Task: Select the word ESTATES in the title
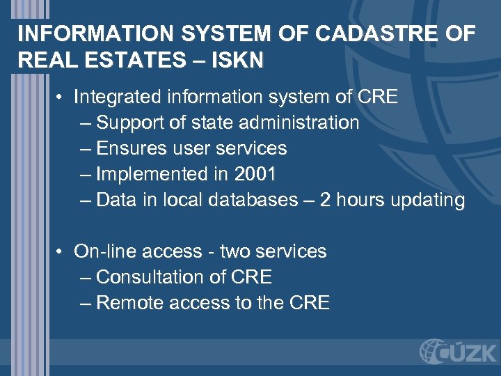click(125, 61)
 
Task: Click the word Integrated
click(114, 97)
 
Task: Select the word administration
click(299, 123)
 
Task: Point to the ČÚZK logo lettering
click(470, 351)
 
